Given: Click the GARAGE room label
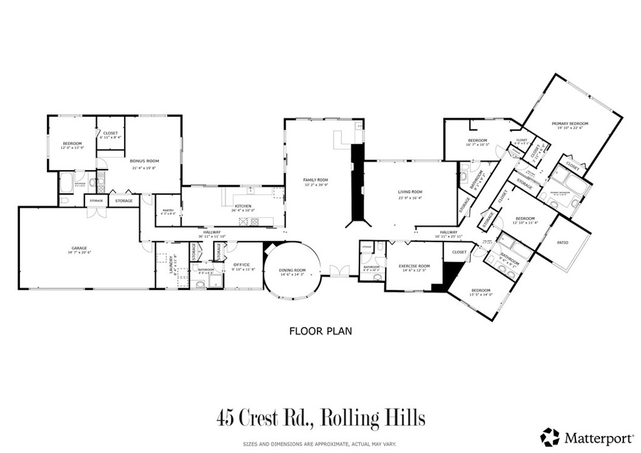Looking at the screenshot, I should [x=79, y=248].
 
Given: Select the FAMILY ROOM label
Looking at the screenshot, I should [x=315, y=180].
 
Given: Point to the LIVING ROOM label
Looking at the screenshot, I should [x=410, y=192].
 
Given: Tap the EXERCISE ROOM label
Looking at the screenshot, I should [x=414, y=266].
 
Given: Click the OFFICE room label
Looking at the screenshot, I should [x=242, y=265].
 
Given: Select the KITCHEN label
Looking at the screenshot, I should [x=243, y=206].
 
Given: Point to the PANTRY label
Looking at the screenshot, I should [x=168, y=210].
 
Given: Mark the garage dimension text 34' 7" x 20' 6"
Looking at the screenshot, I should [x=79, y=252].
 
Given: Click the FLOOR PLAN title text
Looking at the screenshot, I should [x=320, y=331].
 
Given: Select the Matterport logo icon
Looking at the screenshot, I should [x=550, y=436].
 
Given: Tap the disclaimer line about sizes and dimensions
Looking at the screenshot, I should [x=320, y=444].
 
